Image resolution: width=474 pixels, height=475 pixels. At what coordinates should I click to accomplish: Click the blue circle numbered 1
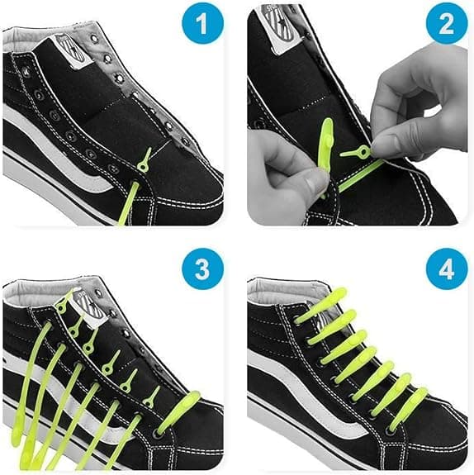point(202,24)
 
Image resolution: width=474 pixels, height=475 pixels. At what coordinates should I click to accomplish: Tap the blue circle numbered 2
point(447,24)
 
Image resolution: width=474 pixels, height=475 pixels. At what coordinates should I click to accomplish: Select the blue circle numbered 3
point(202,269)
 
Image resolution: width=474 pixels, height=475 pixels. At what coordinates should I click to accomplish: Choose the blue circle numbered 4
point(447,269)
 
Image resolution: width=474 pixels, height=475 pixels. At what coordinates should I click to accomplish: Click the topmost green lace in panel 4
point(321,306)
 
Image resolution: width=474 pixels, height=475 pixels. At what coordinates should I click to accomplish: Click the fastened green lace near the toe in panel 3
point(178,411)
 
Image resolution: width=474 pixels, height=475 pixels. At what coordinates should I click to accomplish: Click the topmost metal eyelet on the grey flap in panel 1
point(94,39)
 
